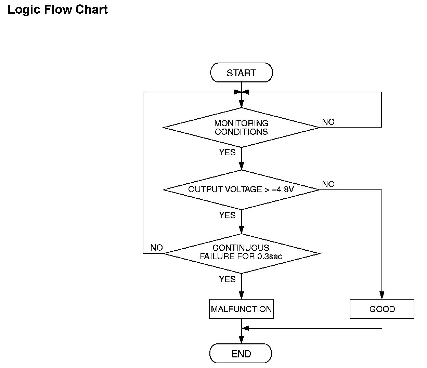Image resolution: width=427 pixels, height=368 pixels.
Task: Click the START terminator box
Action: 241,73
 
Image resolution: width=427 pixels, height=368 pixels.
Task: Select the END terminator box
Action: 241,353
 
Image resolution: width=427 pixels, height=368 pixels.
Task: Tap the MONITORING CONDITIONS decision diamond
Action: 241,128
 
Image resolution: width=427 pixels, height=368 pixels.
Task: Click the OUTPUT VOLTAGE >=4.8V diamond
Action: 241,190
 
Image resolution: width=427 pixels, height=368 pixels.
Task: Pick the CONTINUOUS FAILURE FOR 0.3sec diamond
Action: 241,253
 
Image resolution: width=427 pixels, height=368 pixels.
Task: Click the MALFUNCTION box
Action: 241,309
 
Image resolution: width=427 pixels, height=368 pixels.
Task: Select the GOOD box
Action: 382,309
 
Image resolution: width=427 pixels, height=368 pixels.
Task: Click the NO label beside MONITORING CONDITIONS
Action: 328,122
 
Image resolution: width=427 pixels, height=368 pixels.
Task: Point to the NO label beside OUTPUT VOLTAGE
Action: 328,184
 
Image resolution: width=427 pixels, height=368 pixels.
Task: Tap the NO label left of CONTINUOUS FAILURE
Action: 156,247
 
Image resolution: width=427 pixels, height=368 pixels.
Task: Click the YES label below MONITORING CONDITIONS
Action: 227,153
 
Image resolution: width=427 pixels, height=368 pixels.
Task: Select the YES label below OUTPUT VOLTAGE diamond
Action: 227,215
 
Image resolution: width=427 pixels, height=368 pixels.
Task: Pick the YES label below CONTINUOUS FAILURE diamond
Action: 227,279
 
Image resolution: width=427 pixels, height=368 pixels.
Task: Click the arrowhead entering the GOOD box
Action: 382,295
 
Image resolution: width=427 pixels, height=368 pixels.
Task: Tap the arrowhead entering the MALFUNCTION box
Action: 241,295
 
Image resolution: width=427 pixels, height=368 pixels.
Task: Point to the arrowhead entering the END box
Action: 241,340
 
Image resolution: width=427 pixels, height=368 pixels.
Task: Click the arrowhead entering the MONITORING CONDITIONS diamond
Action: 241,104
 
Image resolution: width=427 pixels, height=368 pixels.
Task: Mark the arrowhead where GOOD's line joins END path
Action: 245,328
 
